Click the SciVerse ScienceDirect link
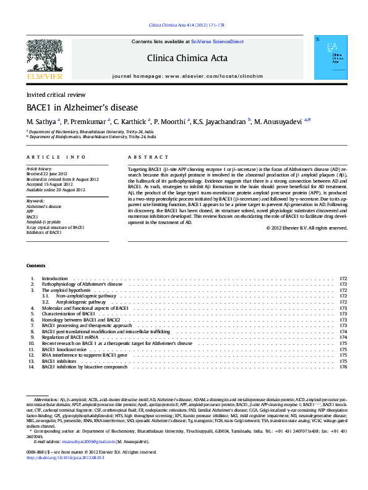[217, 42]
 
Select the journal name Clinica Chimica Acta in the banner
[187, 59]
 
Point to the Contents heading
[36, 265]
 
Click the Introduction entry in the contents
[54, 279]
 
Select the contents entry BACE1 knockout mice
[64, 349]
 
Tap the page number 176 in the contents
[343, 367]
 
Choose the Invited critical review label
[56, 95]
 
